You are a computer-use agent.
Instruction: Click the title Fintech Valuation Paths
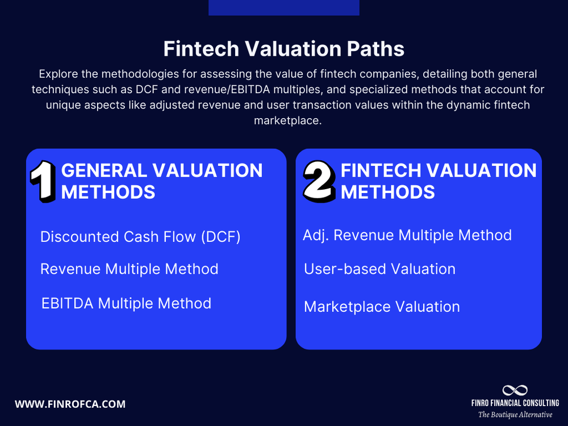click(x=284, y=49)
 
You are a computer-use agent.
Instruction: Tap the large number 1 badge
click(x=43, y=181)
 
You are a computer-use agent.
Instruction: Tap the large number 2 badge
click(x=320, y=181)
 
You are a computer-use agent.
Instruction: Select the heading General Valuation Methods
click(x=162, y=181)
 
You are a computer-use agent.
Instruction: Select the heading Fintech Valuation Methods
click(x=438, y=181)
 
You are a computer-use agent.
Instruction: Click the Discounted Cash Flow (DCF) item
click(x=140, y=237)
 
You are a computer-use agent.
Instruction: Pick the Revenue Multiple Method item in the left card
click(x=129, y=269)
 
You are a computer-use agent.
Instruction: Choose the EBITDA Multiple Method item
click(x=126, y=303)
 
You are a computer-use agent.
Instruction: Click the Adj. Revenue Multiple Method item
click(x=407, y=235)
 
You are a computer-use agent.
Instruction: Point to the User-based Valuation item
click(x=379, y=269)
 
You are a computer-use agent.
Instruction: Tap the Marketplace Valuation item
click(x=382, y=307)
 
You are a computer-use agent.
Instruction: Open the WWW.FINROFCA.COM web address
click(x=70, y=404)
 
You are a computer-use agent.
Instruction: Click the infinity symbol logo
click(x=515, y=390)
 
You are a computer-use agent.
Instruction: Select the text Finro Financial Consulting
click(x=515, y=403)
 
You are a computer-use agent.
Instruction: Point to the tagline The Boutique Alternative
click(x=515, y=415)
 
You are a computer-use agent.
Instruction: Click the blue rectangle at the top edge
click(x=284, y=7)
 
